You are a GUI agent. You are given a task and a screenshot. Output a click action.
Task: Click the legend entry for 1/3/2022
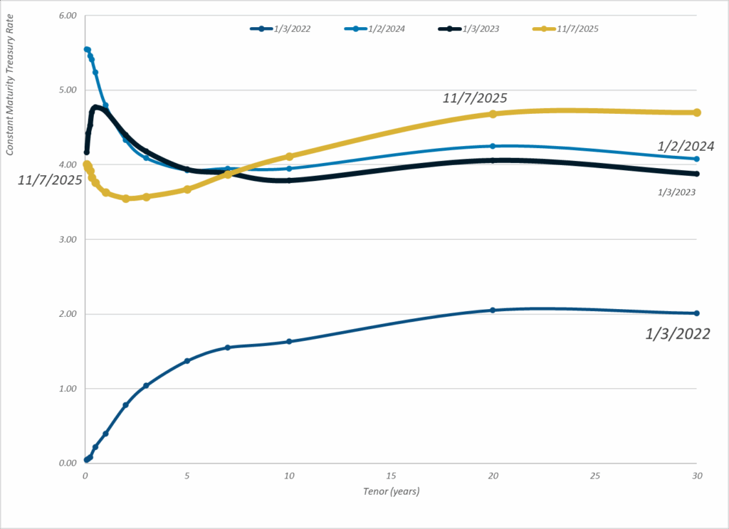coord(280,28)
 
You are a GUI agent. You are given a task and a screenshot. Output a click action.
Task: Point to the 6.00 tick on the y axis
coord(66,16)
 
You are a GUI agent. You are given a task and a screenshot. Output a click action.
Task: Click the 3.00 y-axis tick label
coord(66,239)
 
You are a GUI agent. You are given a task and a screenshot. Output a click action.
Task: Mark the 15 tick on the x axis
coord(390,475)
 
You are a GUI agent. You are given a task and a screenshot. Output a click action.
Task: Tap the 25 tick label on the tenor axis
coord(594,475)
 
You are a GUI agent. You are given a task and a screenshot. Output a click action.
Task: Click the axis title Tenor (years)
coord(390,491)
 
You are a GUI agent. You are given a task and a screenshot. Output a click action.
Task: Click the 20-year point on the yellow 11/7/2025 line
coord(493,114)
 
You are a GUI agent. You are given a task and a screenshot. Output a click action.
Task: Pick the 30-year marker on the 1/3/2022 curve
coord(697,313)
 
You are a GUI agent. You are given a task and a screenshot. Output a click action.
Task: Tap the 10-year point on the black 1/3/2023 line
coord(289,180)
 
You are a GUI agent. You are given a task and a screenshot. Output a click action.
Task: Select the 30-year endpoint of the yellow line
coord(697,112)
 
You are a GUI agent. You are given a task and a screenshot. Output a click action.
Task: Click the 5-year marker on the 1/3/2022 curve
coord(187,361)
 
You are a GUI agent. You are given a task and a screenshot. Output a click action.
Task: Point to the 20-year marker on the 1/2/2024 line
coord(493,146)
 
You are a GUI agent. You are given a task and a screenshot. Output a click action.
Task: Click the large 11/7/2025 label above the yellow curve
coord(475,98)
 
